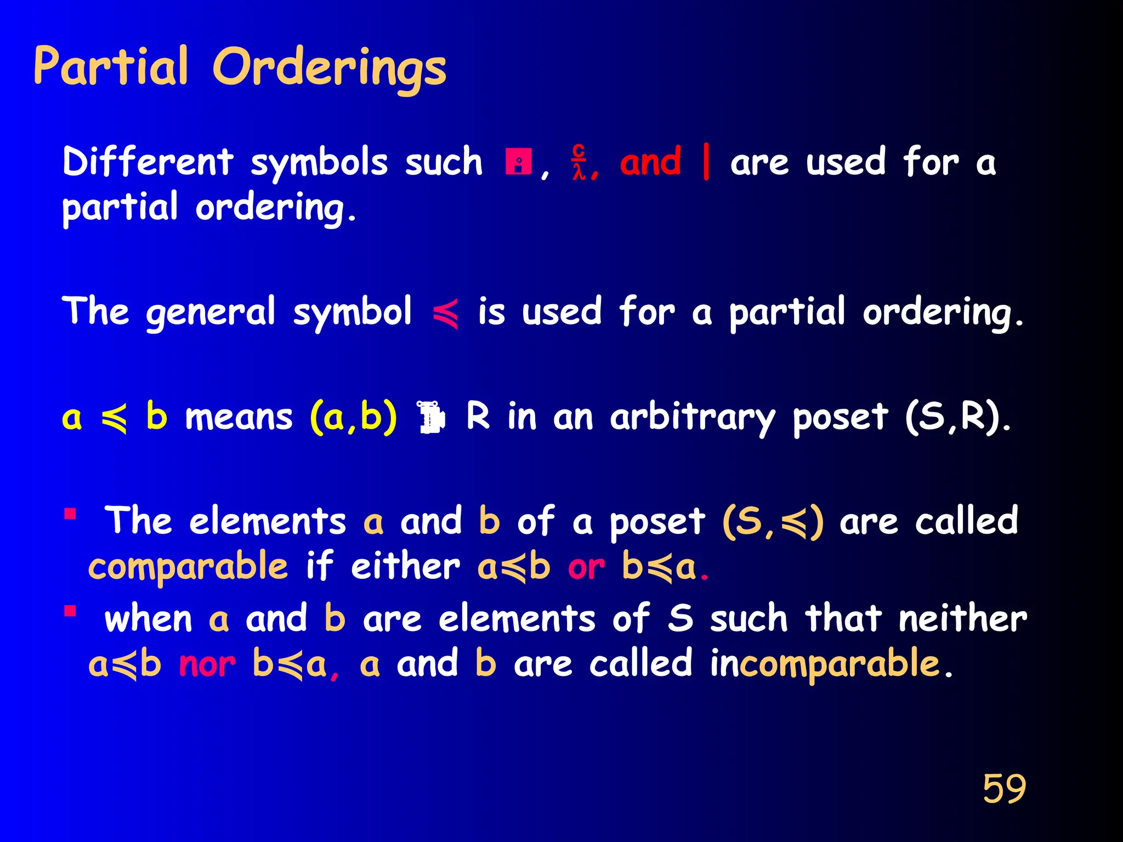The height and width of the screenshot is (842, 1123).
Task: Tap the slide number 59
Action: (1004, 789)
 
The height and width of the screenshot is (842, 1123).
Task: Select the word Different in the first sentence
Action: (148, 162)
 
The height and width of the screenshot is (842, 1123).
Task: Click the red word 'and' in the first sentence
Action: (650, 162)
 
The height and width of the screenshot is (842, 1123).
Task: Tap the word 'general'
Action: (211, 312)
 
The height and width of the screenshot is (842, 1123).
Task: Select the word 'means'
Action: (239, 418)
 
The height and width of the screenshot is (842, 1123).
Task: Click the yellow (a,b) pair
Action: (353, 418)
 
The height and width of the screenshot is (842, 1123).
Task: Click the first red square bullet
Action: (70, 514)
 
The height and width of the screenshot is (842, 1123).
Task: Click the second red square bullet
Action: (70, 611)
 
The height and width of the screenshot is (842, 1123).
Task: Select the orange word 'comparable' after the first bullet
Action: (188, 567)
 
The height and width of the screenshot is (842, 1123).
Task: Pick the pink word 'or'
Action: (586, 568)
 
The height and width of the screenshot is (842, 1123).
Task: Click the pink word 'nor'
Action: (207, 665)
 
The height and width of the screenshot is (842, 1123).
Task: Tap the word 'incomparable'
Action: (825, 664)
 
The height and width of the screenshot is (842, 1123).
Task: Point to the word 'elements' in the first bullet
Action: (268, 521)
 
